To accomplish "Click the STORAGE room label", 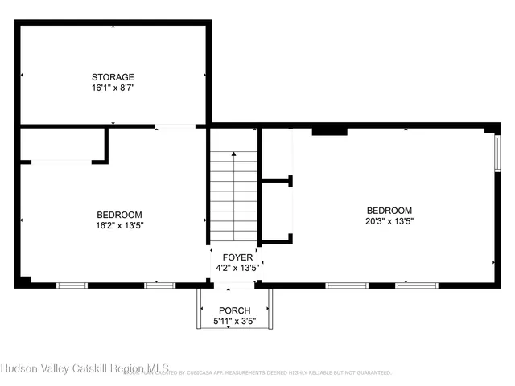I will click(113, 77).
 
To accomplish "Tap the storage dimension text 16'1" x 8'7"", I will click(113, 88).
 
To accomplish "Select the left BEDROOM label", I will click(119, 215).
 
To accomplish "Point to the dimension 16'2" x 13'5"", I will click(119, 225).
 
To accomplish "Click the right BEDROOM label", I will click(389, 210).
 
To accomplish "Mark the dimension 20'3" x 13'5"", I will click(389, 220).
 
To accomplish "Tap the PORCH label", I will click(234, 310).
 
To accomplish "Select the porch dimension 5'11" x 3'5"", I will click(234, 321).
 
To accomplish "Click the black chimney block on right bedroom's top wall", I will click(329, 129).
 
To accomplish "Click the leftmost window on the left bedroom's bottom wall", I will click(72, 285).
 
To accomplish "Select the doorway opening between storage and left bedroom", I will click(175, 126).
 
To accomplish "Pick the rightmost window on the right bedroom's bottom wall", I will click(416, 285).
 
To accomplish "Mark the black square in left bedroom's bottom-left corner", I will click(26, 281).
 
